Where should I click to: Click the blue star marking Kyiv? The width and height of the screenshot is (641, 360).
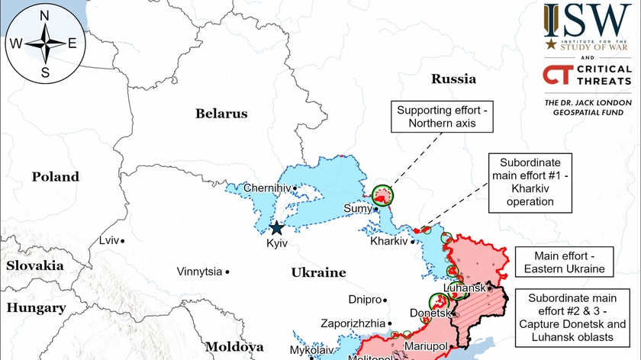tap(276, 227)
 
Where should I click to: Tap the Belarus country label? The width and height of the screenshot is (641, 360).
tap(221, 114)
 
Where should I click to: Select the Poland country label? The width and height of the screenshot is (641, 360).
tap(55, 177)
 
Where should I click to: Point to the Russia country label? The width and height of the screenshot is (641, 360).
tap(453, 79)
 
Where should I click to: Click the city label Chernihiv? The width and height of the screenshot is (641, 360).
tap(267, 188)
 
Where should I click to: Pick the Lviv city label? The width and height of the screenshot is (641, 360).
tap(109, 240)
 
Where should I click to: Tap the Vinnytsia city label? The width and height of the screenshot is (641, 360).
tap(199, 272)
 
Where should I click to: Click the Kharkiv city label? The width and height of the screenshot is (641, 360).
tap(389, 242)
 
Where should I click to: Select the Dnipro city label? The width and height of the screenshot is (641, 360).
tap(363, 300)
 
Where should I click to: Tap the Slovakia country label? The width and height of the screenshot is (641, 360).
tap(35, 266)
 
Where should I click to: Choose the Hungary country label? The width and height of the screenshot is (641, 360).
tap(36, 308)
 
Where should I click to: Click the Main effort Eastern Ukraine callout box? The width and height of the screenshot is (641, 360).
tap(563, 262)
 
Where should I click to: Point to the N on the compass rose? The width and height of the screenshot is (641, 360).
tap(44, 16)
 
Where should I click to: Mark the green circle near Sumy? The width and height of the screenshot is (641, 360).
tap(383, 194)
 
